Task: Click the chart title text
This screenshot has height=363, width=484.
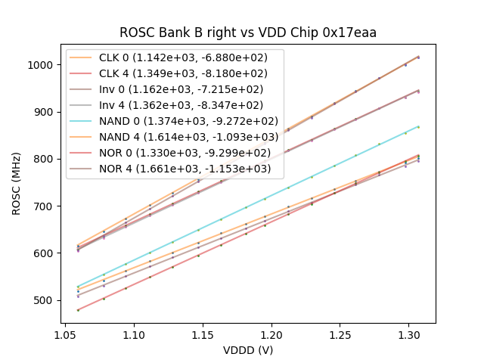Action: pos(248,33)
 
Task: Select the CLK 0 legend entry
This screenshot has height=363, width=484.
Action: pos(175,57)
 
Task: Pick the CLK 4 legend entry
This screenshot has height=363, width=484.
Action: pos(175,73)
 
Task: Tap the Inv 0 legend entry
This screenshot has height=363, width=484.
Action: pos(175,89)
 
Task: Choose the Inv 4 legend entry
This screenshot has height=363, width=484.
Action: pos(175,105)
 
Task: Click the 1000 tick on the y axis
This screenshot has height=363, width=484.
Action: pos(41,65)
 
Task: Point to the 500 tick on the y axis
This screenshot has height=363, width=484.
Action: pos(44,300)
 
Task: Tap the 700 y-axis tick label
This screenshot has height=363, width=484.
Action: pos(44,206)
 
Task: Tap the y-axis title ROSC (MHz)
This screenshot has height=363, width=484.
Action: pos(17,182)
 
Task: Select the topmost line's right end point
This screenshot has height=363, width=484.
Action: pos(418,57)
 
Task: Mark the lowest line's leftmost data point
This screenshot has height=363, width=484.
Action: pos(78,310)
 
